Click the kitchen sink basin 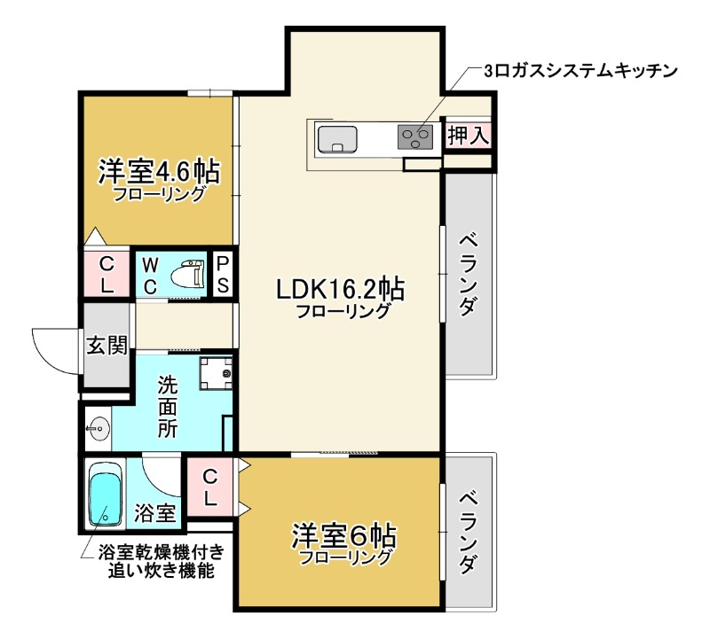point(337,139)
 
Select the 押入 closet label point(467,136)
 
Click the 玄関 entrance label point(106,346)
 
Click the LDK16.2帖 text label point(341,289)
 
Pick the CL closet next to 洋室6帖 point(210,487)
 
